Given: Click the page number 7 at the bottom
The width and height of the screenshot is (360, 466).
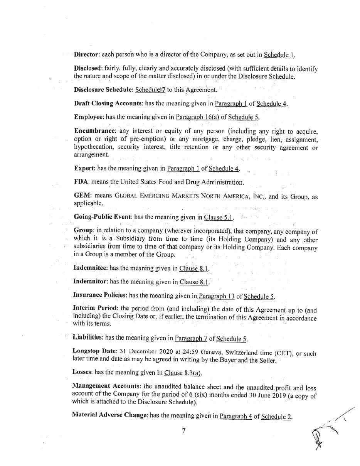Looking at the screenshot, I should pyautogui.click(x=184, y=431).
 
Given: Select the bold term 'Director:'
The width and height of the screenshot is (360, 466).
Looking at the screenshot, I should pyautogui.click(x=87, y=54).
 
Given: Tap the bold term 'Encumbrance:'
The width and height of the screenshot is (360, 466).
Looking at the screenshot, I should pyautogui.click(x=95, y=131).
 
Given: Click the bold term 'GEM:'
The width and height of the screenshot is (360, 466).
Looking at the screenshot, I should pyautogui.click(x=82, y=196).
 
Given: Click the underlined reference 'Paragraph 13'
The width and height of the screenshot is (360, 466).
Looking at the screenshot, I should pyautogui.click(x=216, y=296).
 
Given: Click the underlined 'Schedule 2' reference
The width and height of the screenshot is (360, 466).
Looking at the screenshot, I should pyautogui.click(x=276, y=416).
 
